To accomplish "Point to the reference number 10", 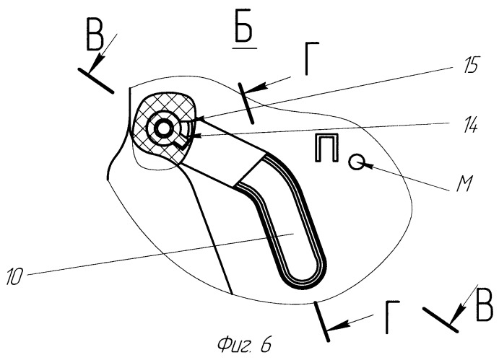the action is (x=14, y=276).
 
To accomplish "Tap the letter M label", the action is (x=464, y=184).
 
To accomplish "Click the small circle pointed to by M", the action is (x=357, y=162).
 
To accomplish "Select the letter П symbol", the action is (x=326, y=148).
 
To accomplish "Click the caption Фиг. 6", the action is (x=244, y=344).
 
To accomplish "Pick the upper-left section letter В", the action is (x=95, y=38).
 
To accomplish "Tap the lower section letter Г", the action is (x=392, y=317).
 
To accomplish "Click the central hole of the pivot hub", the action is (x=163, y=128).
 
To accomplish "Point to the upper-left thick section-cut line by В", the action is (x=95, y=81).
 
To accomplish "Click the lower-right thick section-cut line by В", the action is (x=441, y=320).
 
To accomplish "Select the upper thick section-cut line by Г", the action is (x=246, y=103).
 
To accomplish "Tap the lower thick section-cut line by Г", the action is (x=321, y=322).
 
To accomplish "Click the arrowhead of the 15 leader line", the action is (x=196, y=118).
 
